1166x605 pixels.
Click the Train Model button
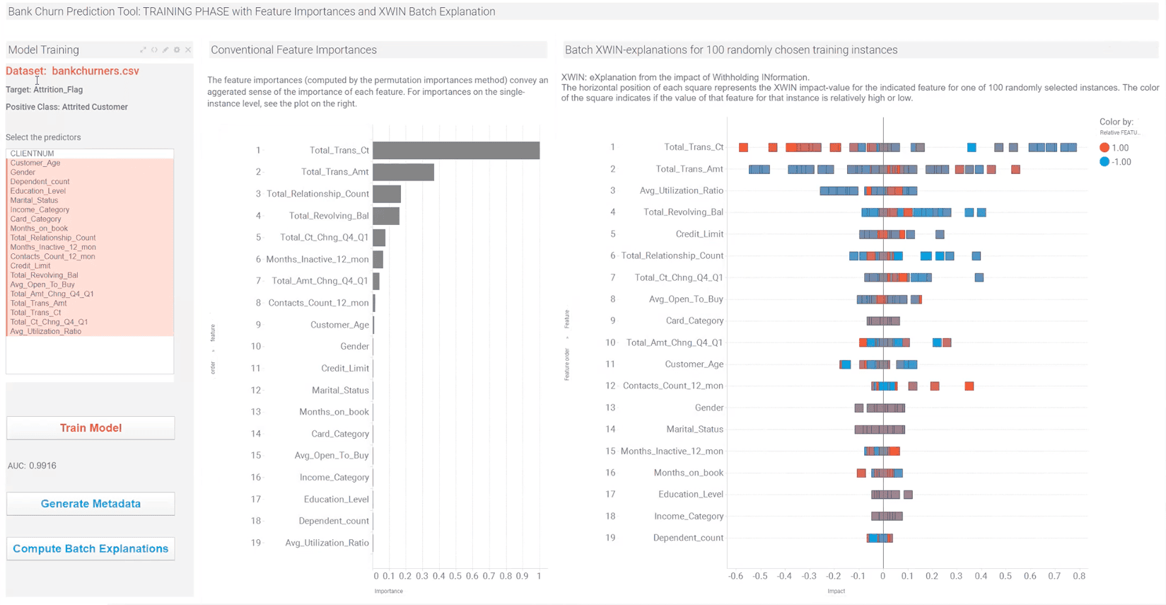pyautogui.click(x=91, y=428)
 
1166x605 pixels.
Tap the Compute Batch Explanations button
pyautogui.click(x=91, y=548)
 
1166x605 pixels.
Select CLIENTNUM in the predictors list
pyautogui.click(x=32, y=154)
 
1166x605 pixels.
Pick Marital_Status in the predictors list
pyautogui.click(x=34, y=200)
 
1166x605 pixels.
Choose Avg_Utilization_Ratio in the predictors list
pyautogui.click(x=45, y=331)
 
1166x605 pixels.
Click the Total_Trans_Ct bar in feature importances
pyautogui.click(x=456, y=150)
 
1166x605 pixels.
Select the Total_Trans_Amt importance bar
pyautogui.click(x=403, y=172)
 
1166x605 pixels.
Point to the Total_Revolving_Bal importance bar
pyautogui.click(x=386, y=216)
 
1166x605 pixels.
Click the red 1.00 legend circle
pyautogui.click(x=1104, y=148)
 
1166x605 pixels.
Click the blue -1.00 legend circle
pyautogui.click(x=1104, y=162)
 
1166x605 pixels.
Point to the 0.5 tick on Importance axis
pyautogui.click(x=455, y=576)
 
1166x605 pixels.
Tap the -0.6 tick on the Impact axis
pyautogui.click(x=735, y=576)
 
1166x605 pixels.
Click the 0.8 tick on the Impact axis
pyautogui.click(x=1079, y=576)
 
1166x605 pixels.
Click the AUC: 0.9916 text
pyautogui.click(x=32, y=466)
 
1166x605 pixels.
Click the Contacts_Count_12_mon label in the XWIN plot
pyautogui.click(x=672, y=386)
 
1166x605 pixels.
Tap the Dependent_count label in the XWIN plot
pyautogui.click(x=687, y=538)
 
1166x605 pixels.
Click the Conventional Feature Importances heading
pyautogui.click(x=293, y=50)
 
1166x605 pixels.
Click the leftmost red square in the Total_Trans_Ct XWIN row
pyautogui.click(x=743, y=147)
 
